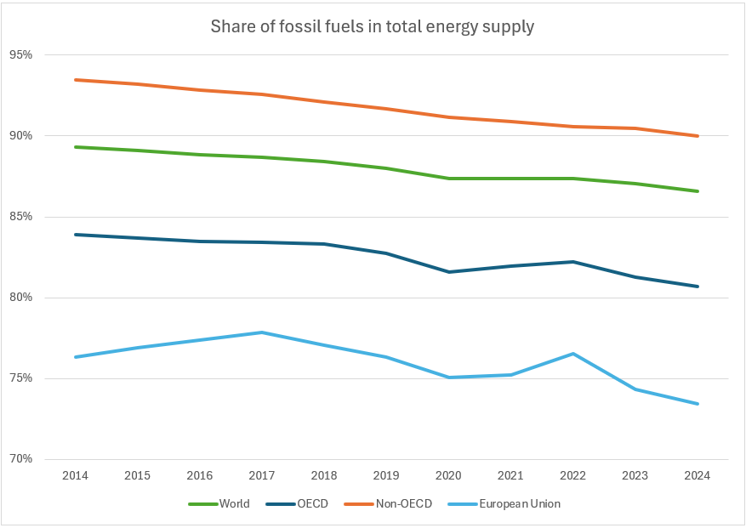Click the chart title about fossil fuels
pos(373,27)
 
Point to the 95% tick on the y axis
pos(20,55)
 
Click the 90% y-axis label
pos(20,136)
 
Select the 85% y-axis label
pos(20,217)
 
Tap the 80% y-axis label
pos(20,298)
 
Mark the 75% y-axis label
pos(20,378)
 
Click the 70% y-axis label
pos(20,459)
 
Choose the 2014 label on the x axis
pos(76,476)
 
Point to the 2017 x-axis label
pos(262,476)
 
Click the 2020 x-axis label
pos(449,476)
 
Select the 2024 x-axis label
pos(698,476)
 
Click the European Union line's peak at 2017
pos(262,332)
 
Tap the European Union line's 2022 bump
pos(573,354)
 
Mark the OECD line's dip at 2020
pos(449,272)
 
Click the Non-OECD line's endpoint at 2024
pos(698,136)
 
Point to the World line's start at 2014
pos(76,147)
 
